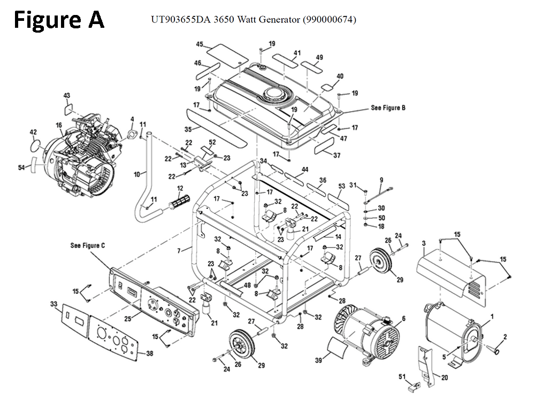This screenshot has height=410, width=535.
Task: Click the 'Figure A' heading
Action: tap(59, 20)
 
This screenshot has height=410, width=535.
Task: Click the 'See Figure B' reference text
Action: tap(388, 108)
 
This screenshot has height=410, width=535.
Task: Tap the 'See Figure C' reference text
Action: tap(88, 245)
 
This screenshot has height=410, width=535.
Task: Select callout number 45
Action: tap(200, 44)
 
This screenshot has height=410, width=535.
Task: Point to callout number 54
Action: tap(21, 168)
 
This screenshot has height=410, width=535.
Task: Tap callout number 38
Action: tap(149, 353)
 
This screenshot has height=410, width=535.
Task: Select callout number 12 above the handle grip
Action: tap(180, 188)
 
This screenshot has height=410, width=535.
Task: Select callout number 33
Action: tap(53, 304)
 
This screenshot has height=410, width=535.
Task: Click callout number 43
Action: tap(67, 95)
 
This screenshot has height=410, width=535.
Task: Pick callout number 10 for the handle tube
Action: tap(136, 174)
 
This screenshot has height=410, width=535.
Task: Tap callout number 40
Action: tap(340, 76)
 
